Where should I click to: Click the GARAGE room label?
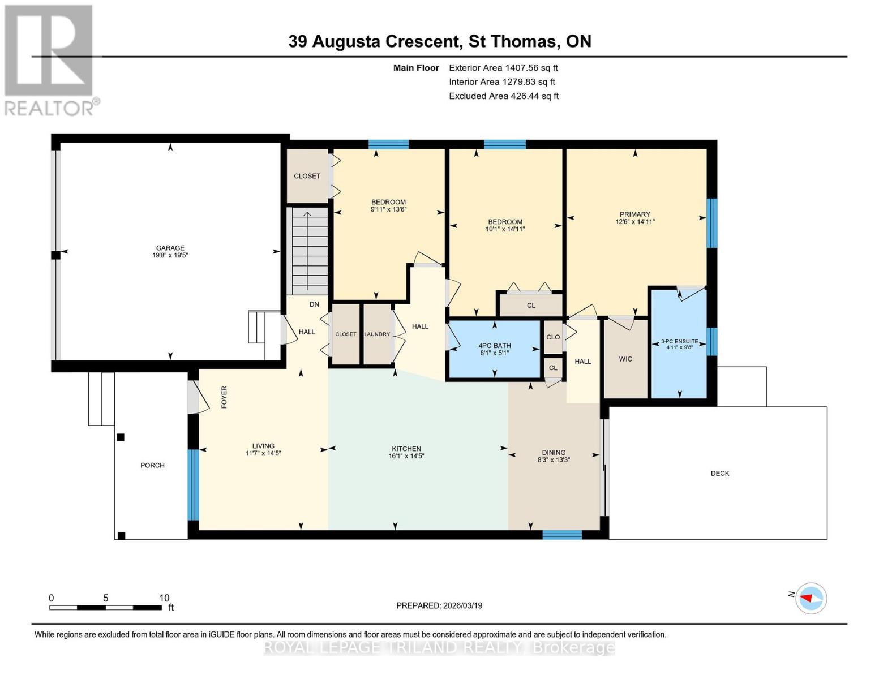pos(170,248)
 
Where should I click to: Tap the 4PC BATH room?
pos(494,349)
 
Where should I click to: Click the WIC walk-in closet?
pos(625,359)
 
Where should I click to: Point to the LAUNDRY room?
pos(377,334)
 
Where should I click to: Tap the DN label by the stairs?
pos(314,304)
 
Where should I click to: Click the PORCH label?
pos(152,465)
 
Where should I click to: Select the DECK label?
pos(720,473)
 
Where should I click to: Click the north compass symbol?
pos(811,598)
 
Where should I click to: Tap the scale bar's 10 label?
pos(164,598)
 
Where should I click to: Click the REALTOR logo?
pos(50,59)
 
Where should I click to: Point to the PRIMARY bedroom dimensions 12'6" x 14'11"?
pos(634,222)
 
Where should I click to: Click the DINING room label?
pos(554,452)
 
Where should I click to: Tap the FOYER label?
pos(224,397)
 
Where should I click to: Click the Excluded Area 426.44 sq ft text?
pos(503,96)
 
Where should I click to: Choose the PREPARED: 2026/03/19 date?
pos(439,605)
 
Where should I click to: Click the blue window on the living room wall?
pos(193,484)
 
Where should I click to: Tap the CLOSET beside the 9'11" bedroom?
pos(307,176)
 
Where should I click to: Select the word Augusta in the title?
pos(347,41)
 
